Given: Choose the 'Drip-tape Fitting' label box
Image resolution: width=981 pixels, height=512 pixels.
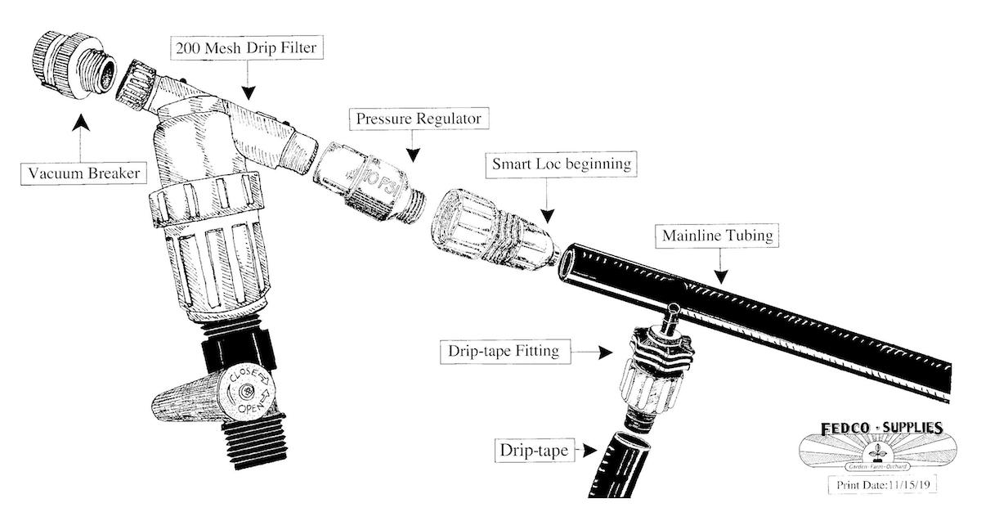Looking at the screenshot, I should (x=504, y=353).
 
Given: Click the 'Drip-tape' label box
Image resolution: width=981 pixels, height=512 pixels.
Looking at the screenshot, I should (x=535, y=449).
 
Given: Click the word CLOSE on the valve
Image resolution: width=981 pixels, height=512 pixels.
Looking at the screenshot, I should (x=248, y=376).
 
